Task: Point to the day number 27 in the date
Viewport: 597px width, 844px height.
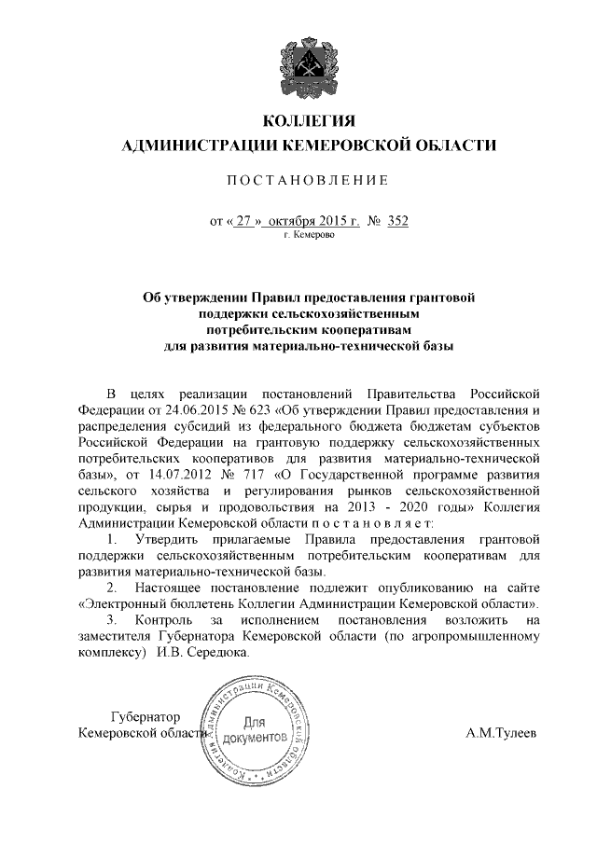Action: pos(244,222)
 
